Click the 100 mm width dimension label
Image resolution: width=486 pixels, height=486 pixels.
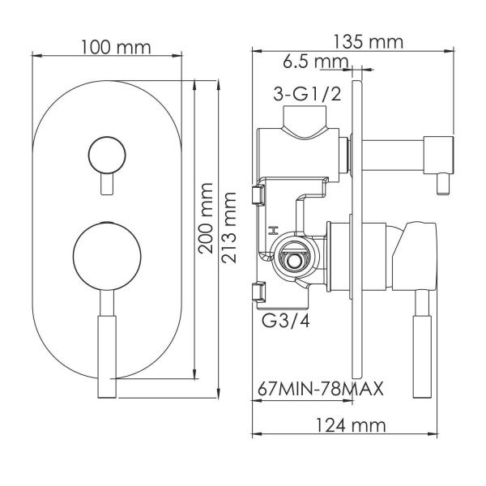[x=115, y=46]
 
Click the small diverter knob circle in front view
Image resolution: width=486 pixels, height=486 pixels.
[x=105, y=153]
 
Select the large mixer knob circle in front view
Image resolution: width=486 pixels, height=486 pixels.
[x=105, y=257]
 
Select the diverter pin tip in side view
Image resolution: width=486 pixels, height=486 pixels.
[x=442, y=187]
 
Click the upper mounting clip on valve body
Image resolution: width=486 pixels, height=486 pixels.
[x=259, y=195]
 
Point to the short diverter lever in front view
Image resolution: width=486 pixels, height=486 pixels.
[x=105, y=184]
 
